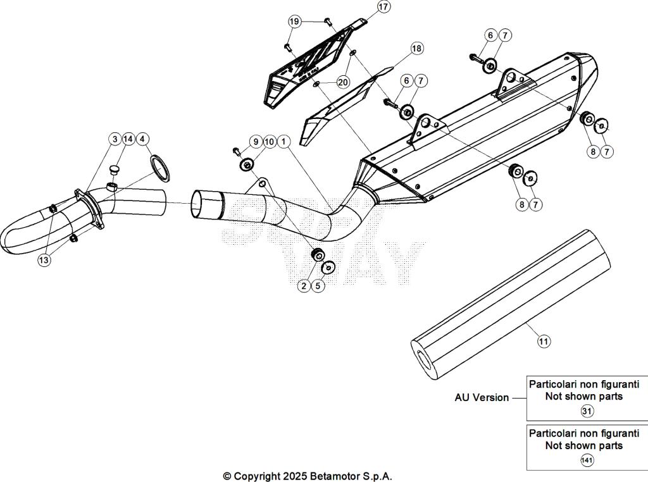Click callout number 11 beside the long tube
(544, 342)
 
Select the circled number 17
(383, 7)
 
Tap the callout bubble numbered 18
(416, 48)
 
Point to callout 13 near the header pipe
(44, 260)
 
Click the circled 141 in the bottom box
(587, 460)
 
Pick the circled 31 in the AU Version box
(587, 411)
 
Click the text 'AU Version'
(482, 398)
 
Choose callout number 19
(294, 22)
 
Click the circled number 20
(342, 82)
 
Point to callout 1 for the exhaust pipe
(283, 141)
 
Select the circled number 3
(115, 139)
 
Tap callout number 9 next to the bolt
(255, 141)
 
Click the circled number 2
(304, 287)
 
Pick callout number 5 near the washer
(319, 287)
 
